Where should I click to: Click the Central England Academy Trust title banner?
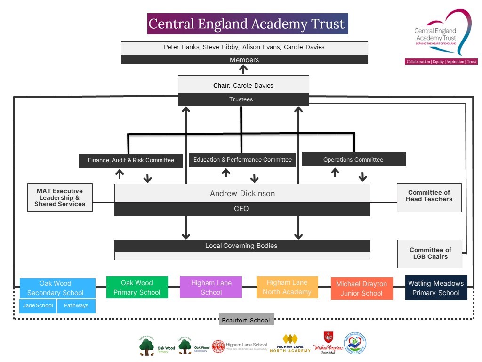(247, 24)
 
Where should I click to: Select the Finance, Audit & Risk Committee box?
(131, 160)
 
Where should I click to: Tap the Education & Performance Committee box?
(242, 160)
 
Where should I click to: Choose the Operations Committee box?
(353, 160)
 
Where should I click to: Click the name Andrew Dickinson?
(242, 193)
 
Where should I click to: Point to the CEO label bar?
(242, 209)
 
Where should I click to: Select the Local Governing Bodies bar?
(242, 246)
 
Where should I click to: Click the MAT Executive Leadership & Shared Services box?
(60, 197)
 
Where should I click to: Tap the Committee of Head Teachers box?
(429, 196)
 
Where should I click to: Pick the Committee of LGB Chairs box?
(430, 254)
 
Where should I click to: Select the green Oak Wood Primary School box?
(137, 288)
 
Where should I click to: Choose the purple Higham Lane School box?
(211, 288)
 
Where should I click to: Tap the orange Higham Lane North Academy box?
(287, 287)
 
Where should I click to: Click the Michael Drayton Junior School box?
(361, 288)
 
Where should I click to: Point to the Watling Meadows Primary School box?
(436, 288)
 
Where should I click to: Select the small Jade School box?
(38, 306)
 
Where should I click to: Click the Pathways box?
(76, 306)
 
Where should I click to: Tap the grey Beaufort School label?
(247, 320)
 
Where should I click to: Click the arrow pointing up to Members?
(244, 70)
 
